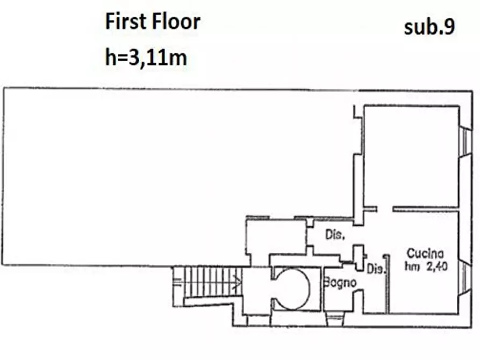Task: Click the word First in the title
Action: pyautogui.click(x=126, y=21)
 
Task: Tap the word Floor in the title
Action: pyautogui.click(x=176, y=21)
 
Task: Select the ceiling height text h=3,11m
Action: pyautogui.click(x=146, y=57)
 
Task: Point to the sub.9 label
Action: pyautogui.click(x=429, y=27)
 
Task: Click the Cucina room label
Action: pyautogui.click(x=425, y=254)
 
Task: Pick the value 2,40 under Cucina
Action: pyautogui.click(x=437, y=267)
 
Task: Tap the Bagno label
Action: pyautogui.click(x=340, y=282)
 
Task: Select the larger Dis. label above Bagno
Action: pyautogui.click(x=335, y=235)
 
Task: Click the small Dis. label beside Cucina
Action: pyautogui.click(x=375, y=269)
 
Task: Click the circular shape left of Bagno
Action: pyautogui.click(x=291, y=289)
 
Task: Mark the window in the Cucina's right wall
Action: pyautogui.click(x=465, y=278)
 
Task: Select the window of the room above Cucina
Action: pyautogui.click(x=465, y=141)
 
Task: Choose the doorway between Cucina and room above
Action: pyautogui.click(x=385, y=209)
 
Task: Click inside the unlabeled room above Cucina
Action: pyautogui.click(x=411, y=157)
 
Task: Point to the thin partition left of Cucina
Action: pyautogui.click(x=387, y=284)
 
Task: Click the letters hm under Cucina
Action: pyautogui.click(x=412, y=267)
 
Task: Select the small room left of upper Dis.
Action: pyautogui.click(x=276, y=236)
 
